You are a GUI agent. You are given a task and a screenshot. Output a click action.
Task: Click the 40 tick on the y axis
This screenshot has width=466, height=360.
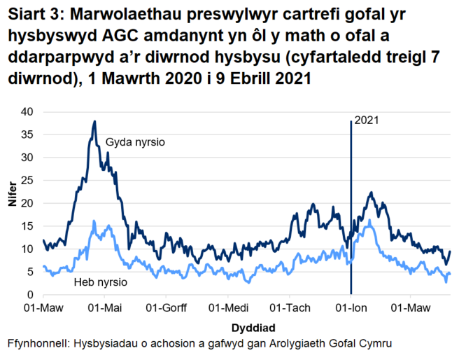pos(27,111)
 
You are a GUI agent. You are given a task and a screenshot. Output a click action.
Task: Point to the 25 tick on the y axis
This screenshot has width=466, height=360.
pos(27,180)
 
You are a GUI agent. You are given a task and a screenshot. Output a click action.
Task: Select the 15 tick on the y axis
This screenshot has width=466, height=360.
pos(27,226)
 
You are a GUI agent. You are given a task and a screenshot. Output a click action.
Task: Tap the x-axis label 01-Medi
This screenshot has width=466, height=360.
pos(228,308)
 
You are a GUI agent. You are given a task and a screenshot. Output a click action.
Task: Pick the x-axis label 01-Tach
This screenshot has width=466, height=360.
pos(290,308)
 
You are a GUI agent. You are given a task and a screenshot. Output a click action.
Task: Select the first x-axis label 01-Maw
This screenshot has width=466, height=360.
pos(43,308)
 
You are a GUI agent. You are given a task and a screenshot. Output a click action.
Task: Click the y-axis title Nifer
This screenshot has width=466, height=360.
pos(12,203)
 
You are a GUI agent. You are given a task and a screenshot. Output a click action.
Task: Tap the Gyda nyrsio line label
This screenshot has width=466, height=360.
pos(135,143)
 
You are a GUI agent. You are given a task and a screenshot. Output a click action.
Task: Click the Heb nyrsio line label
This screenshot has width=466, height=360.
pos(100,282)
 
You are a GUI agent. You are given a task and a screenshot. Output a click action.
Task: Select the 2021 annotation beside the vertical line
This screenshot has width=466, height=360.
pos(367,120)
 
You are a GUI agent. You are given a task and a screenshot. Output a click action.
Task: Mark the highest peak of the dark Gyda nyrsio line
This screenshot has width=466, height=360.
pos(94,121)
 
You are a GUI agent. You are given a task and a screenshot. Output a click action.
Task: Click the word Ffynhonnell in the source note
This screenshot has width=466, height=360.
pos(36,344)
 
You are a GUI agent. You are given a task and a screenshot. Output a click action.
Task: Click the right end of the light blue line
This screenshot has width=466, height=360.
pos(450,274)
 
